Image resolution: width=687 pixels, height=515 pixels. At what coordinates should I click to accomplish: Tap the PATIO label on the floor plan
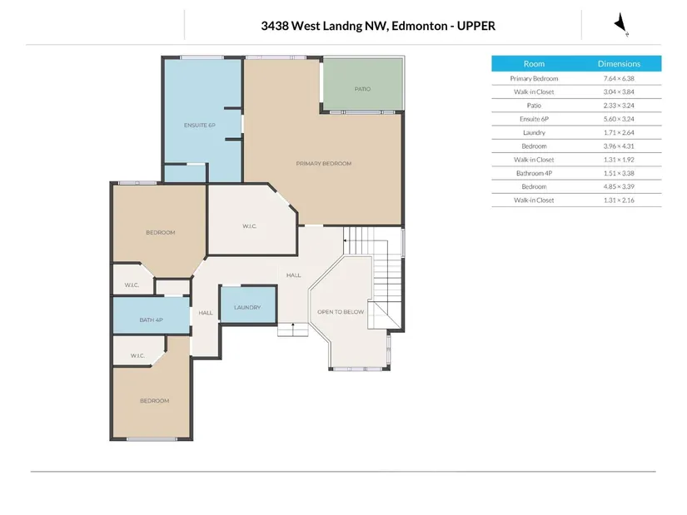[x=362, y=89]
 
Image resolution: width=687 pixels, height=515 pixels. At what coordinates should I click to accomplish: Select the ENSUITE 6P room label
[x=199, y=126]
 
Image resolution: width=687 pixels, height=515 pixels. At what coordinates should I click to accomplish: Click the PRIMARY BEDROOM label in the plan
[x=324, y=163]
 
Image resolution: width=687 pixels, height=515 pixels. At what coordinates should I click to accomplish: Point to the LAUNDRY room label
[x=247, y=308]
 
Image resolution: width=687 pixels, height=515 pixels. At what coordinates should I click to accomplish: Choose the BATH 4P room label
[x=152, y=319]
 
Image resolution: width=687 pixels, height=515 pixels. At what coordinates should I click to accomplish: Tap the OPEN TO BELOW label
[x=341, y=312]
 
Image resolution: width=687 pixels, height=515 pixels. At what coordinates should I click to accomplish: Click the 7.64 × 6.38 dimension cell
[x=619, y=78]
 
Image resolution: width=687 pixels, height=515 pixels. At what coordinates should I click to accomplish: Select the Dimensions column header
[x=619, y=64]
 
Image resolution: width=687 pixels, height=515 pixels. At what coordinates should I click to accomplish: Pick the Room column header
[x=534, y=64]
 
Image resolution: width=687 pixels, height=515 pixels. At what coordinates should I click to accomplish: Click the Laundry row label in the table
[x=534, y=132]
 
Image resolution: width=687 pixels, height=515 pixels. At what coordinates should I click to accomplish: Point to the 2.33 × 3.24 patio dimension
[x=619, y=106]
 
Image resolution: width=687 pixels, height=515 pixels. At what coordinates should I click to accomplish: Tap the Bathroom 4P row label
[x=534, y=173]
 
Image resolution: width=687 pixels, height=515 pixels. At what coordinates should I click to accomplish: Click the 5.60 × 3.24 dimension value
[x=619, y=119]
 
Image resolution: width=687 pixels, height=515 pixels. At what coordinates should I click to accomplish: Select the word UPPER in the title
[x=476, y=26]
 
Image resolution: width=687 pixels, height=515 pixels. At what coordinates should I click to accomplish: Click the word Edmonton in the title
[x=420, y=26]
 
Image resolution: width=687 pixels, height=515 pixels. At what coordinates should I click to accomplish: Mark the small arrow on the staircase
[x=346, y=240]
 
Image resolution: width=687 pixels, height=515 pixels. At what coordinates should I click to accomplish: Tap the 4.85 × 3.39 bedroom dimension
[x=619, y=186]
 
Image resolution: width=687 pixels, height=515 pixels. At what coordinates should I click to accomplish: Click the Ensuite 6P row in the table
[x=534, y=119]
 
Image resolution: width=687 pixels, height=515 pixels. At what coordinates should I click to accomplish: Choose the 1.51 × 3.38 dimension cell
[x=619, y=173]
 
